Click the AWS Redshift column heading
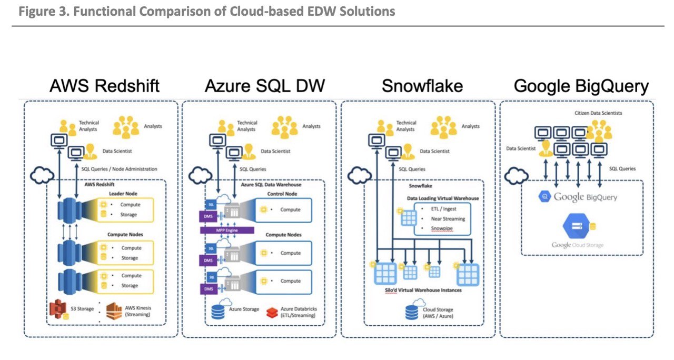tap(104, 86)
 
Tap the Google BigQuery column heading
tap(581, 86)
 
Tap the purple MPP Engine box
tap(227, 231)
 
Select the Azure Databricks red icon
tap(271, 312)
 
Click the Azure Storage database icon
tap(217, 311)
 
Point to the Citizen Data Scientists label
tap(599, 113)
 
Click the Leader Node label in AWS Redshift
tap(123, 194)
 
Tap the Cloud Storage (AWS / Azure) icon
tap(413, 311)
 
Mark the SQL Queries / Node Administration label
tap(120, 169)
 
